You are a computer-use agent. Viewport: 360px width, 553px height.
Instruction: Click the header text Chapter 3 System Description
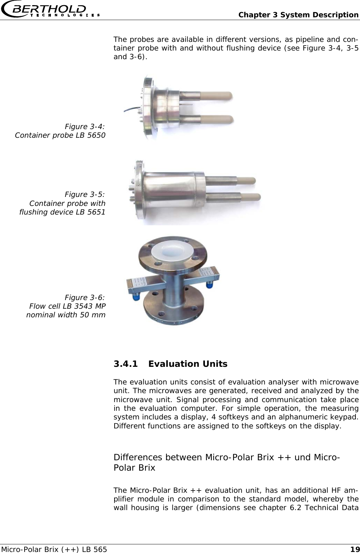pyautogui.click(x=298, y=15)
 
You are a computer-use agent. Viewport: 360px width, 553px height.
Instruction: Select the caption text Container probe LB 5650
pyautogui.click(x=60, y=135)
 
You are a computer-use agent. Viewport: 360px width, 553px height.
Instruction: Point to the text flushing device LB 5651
pyautogui.click(x=62, y=212)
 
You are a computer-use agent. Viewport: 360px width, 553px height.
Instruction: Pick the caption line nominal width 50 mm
pyautogui.click(x=66, y=315)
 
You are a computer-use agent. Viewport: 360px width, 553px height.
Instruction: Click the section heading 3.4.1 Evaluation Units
pyautogui.click(x=170, y=364)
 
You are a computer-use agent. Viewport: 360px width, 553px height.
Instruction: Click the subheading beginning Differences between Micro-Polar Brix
pyautogui.click(x=226, y=462)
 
